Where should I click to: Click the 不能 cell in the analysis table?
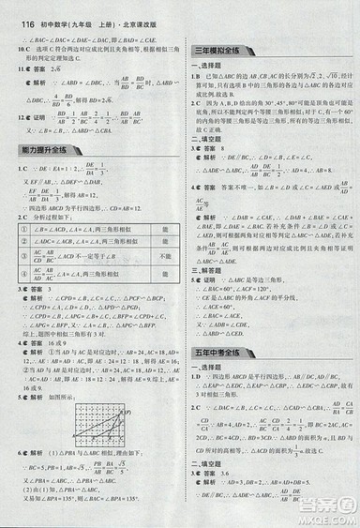tap(164, 255)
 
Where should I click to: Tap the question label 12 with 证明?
tap(13, 118)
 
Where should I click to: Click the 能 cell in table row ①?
tap(164, 229)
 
